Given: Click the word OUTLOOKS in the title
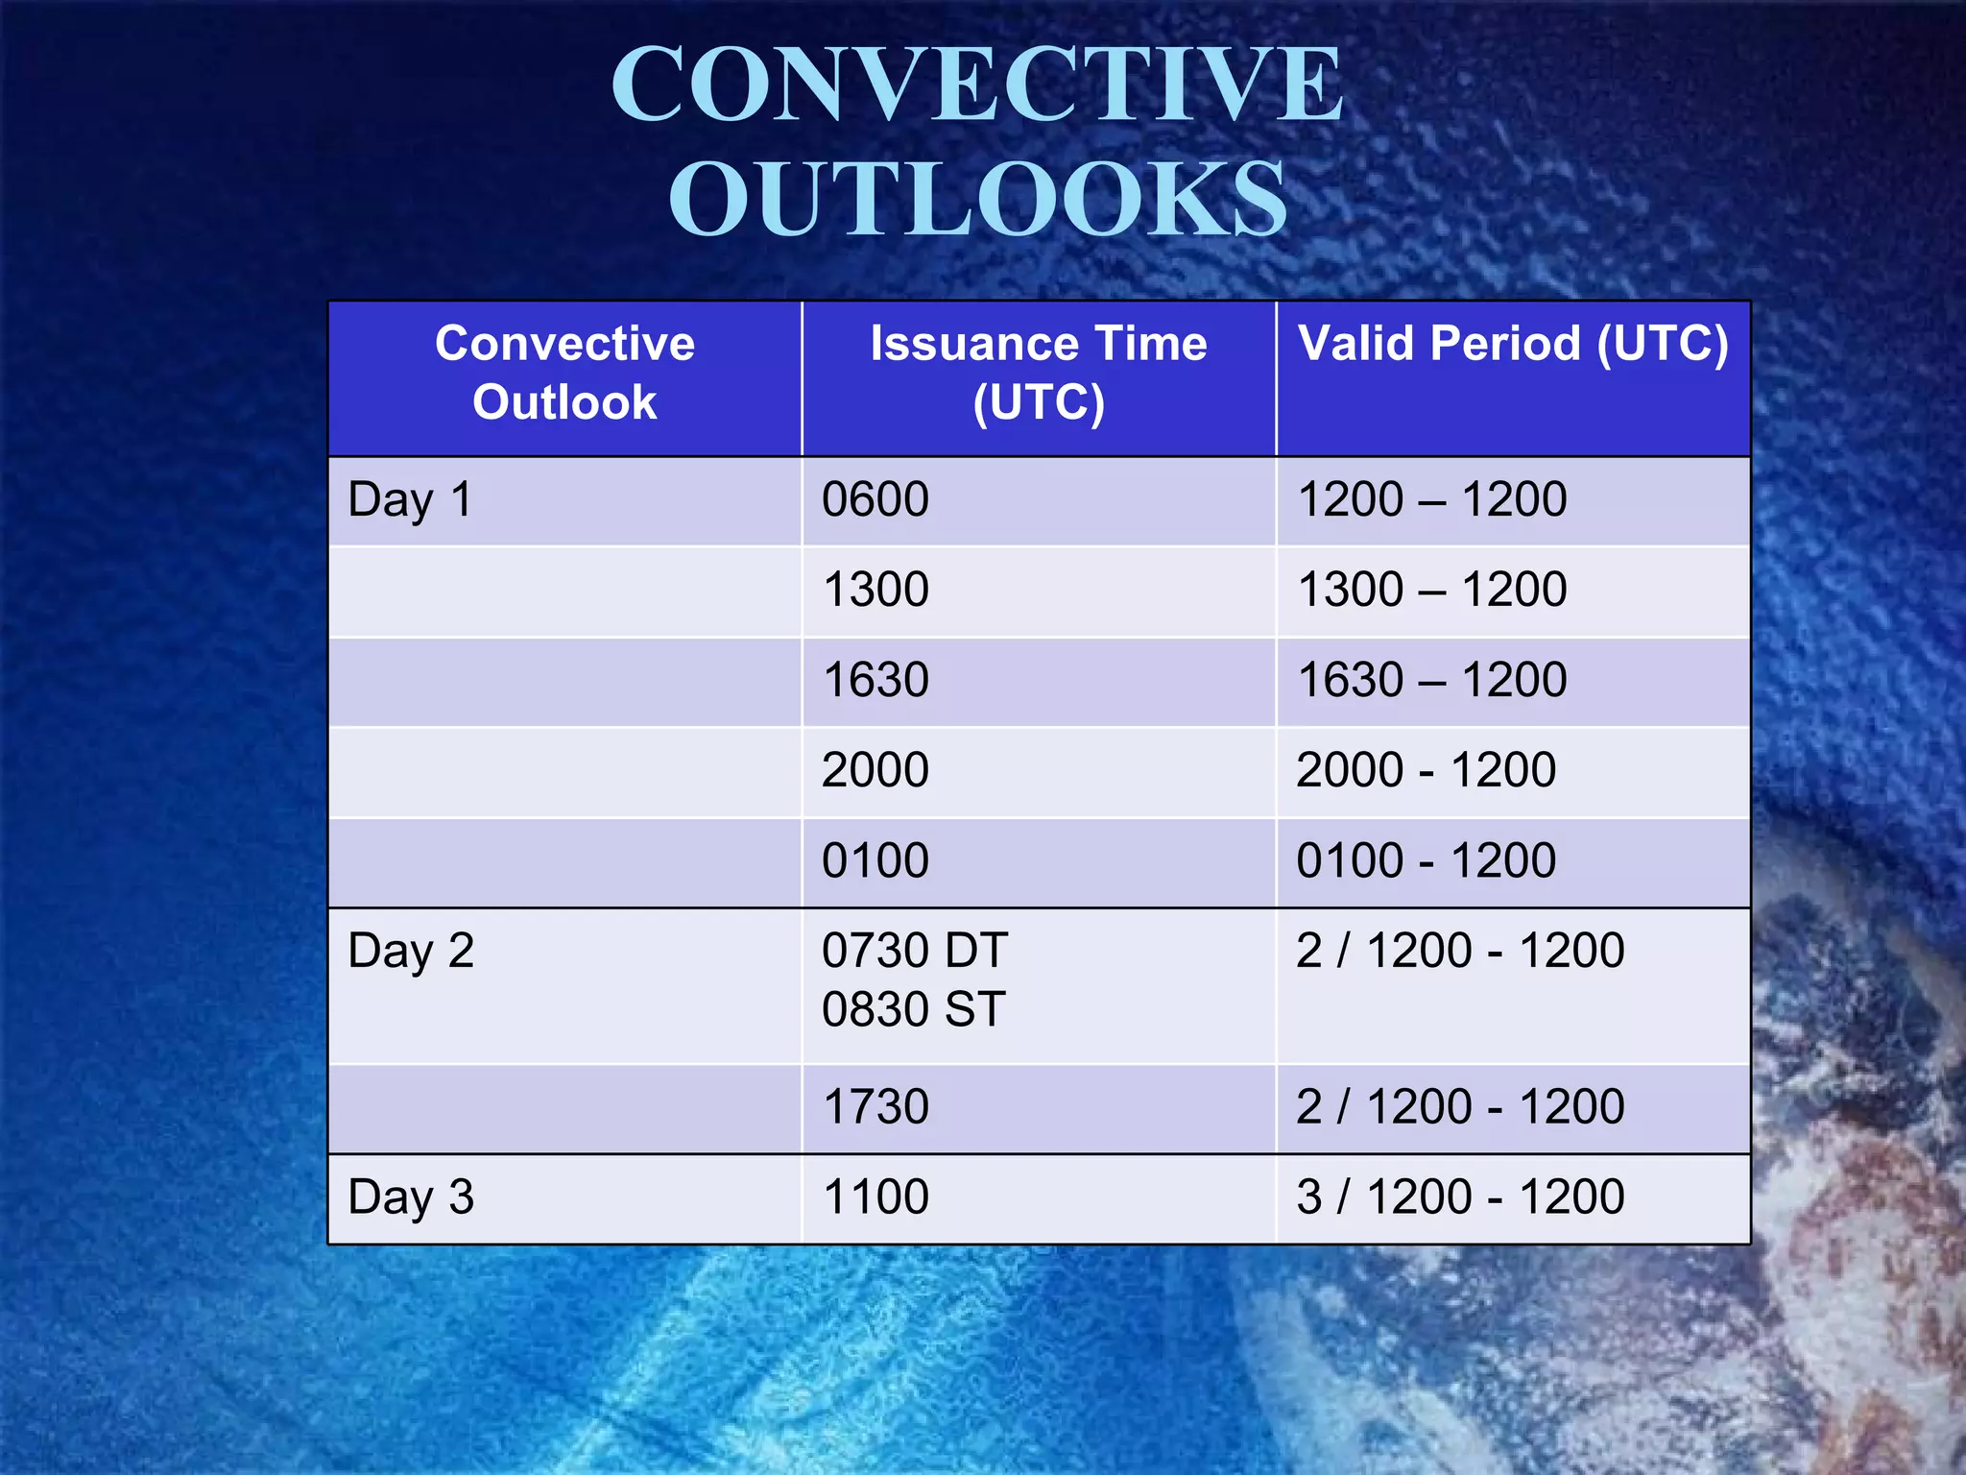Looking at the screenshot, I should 978,199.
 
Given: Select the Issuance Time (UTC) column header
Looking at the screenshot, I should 1039,373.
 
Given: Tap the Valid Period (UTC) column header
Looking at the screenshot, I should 1513,344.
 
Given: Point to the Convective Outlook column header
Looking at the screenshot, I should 564,373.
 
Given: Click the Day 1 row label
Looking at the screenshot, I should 410,500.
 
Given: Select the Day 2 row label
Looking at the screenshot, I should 411,952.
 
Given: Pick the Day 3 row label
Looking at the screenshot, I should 411,1197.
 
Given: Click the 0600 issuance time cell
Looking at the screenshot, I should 875,500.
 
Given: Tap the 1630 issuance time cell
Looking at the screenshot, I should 875,681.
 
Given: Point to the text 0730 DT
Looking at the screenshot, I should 914,952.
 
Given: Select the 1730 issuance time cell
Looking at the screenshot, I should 875,1107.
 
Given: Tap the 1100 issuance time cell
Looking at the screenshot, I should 875,1197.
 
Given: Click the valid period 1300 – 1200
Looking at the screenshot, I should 1431,591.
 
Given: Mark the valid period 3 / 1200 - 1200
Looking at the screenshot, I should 1459,1197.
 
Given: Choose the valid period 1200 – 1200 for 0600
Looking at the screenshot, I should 1431,500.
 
